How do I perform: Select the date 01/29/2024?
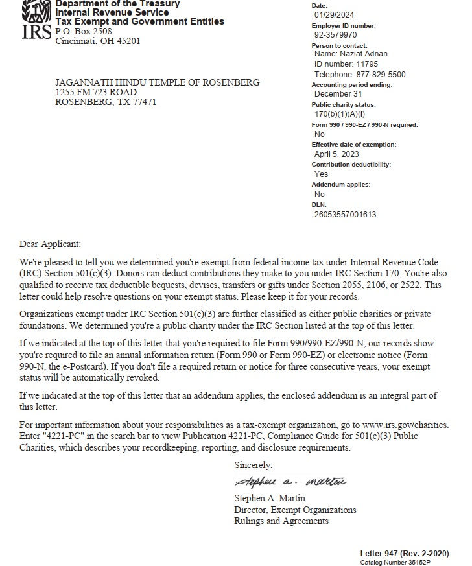tap(334, 14)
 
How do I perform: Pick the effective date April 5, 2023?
tap(336, 154)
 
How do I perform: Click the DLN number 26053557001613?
tap(345, 214)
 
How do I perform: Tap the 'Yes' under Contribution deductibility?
tap(321, 174)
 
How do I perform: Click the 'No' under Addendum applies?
tap(320, 194)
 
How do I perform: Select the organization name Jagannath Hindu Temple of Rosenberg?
tap(158, 82)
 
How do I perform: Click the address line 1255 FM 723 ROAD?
tap(96, 92)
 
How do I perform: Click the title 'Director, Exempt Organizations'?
tap(295, 510)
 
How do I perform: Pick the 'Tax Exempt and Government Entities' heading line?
tap(140, 21)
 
